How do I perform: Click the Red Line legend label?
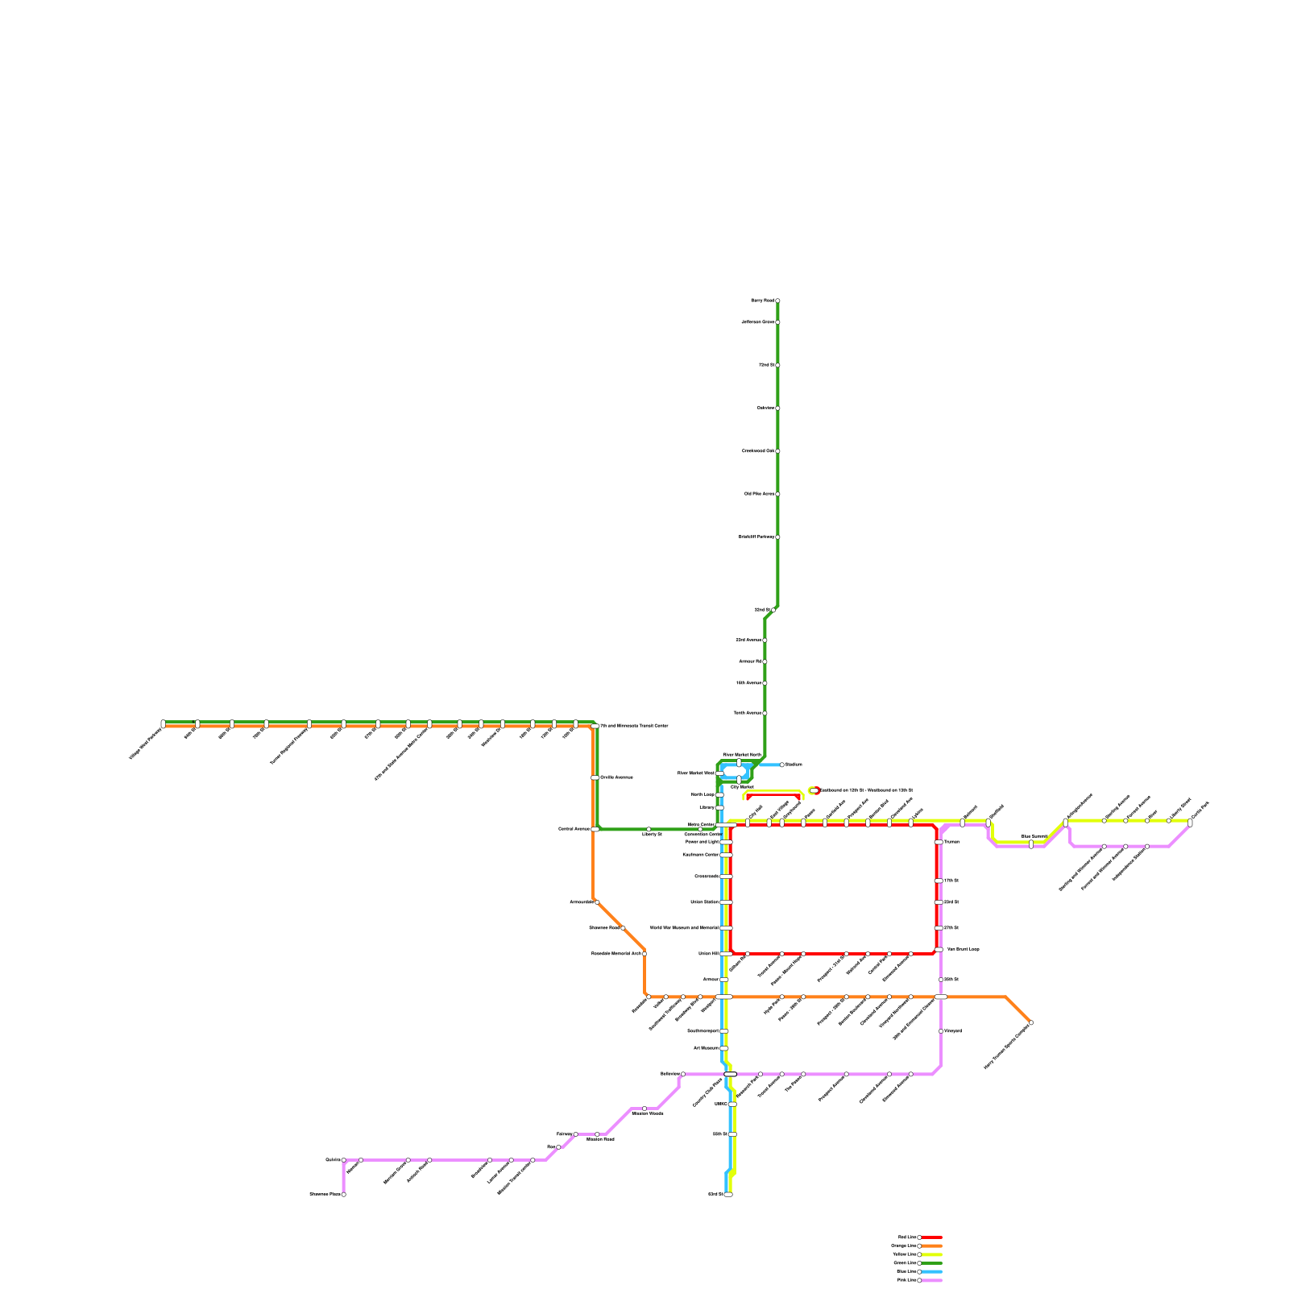(x=906, y=1237)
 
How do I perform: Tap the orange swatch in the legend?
(x=931, y=1245)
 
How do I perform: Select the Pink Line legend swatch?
(x=931, y=1280)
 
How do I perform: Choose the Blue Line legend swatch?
(x=931, y=1271)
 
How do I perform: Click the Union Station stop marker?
(x=726, y=902)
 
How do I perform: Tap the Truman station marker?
(x=939, y=842)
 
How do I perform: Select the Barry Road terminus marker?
(x=777, y=300)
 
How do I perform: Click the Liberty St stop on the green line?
(x=649, y=829)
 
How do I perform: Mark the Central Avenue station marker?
(x=595, y=829)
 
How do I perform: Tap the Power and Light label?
(x=702, y=842)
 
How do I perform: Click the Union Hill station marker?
(x=726, y=954)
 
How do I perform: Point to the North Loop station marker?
(x=719, y=794)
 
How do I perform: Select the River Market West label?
(x=695, y=773)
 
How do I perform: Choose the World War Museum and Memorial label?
(x=684, y=928)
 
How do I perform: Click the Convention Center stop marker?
(x=702, y=829)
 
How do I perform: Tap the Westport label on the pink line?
(x=953, y=1031)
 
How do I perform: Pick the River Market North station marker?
(x=739, y=762)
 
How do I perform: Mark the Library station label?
(x=707, y=807)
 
